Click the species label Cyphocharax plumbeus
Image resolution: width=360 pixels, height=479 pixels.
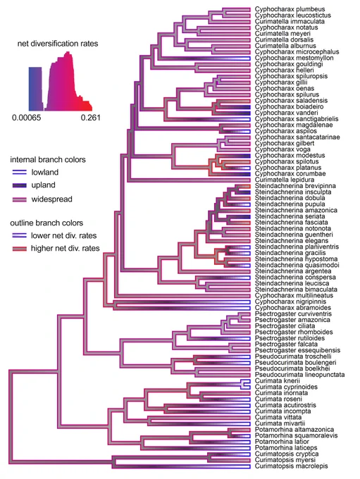point(290,9)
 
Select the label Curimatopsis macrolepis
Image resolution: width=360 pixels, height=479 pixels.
point(291,466)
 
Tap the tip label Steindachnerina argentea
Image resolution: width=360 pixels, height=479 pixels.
point(293,271)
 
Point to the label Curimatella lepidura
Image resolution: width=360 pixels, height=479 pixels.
point(285,180)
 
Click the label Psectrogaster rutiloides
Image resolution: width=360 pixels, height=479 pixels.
point(290,338)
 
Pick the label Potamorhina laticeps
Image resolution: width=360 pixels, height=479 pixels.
point(286,448)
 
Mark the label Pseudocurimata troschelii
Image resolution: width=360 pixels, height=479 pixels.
point(293,356)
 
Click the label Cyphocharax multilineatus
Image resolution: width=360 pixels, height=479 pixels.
point(294,295)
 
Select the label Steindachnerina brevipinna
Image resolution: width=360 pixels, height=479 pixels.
point(295,186)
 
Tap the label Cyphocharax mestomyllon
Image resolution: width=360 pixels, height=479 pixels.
point(294,58)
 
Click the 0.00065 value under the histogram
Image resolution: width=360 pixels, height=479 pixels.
point(26,118)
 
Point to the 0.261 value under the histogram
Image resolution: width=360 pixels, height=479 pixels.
point(90,118)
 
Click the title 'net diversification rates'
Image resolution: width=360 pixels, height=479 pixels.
point(58,44)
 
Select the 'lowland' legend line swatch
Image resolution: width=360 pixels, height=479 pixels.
point(19,173)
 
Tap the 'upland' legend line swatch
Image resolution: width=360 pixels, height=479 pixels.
point(19,185)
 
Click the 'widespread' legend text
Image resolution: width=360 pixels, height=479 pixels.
point(51,199)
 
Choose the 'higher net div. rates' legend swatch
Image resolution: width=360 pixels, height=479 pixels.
point(19,249)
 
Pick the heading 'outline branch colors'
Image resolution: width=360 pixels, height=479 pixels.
point(46,223)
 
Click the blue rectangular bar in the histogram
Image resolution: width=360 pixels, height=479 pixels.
point(35,89)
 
